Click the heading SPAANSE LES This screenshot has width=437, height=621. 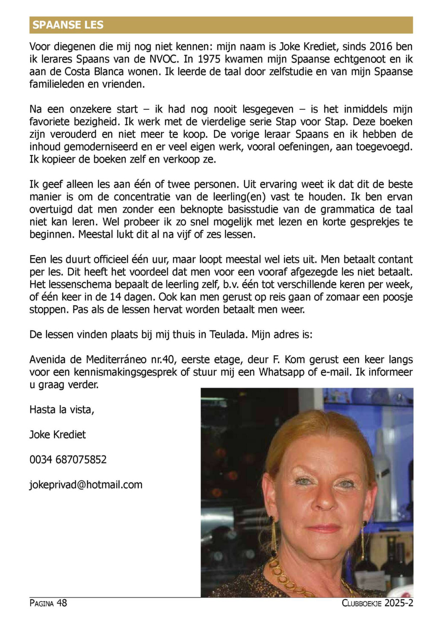(x=68, y=25)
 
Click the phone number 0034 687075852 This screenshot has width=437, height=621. (x=68, y=460)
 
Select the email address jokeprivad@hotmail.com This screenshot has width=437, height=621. (x=86, y=485)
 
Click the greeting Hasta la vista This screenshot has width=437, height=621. (x=61, y=409)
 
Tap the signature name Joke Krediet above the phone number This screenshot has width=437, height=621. (x=58, y=435)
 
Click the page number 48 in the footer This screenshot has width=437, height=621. (x=61, y=603)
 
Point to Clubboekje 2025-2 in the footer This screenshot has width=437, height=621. (x=377, y=603)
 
